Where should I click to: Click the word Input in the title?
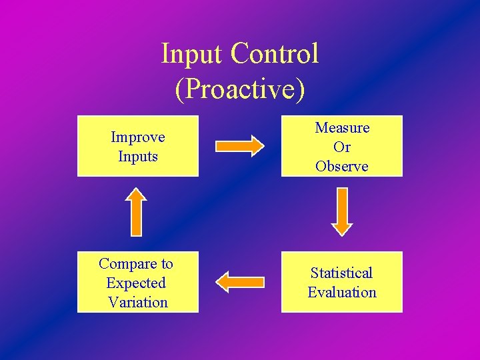(193, 54)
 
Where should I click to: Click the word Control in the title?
(275, 54)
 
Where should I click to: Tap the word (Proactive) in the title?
(240, 89)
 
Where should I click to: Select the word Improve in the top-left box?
(138, 137)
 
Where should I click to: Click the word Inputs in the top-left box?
(138, 157)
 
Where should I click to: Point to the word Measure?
(342, 127)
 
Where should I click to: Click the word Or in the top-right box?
(342, 147)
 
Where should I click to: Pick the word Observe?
(342, 166)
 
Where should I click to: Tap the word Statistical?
(342, 273)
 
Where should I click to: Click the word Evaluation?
(342, 292)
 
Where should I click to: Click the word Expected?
(136, 283)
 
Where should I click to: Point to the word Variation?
(138, 302)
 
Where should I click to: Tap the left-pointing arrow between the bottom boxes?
(241, 282)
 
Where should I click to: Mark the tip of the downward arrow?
(342, 234)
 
